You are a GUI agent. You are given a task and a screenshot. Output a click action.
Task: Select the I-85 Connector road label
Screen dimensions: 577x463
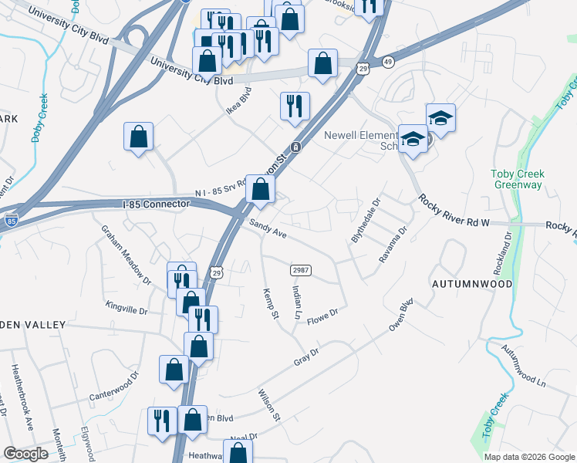156,204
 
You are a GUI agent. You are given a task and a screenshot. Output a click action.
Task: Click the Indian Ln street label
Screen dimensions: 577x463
297,302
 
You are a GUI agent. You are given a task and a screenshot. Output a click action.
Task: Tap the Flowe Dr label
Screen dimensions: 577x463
323,317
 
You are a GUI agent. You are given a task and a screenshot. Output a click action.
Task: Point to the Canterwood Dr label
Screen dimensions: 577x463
113,390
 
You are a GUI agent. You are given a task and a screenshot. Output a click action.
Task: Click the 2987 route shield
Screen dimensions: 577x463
301,270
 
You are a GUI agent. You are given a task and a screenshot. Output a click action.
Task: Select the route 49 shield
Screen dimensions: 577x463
388,61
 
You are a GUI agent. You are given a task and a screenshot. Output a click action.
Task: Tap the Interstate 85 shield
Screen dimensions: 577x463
11,221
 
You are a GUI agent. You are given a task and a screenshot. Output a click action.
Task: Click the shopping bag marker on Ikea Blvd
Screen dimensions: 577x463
138,137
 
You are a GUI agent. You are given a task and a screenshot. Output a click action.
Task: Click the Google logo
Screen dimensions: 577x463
25,454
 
